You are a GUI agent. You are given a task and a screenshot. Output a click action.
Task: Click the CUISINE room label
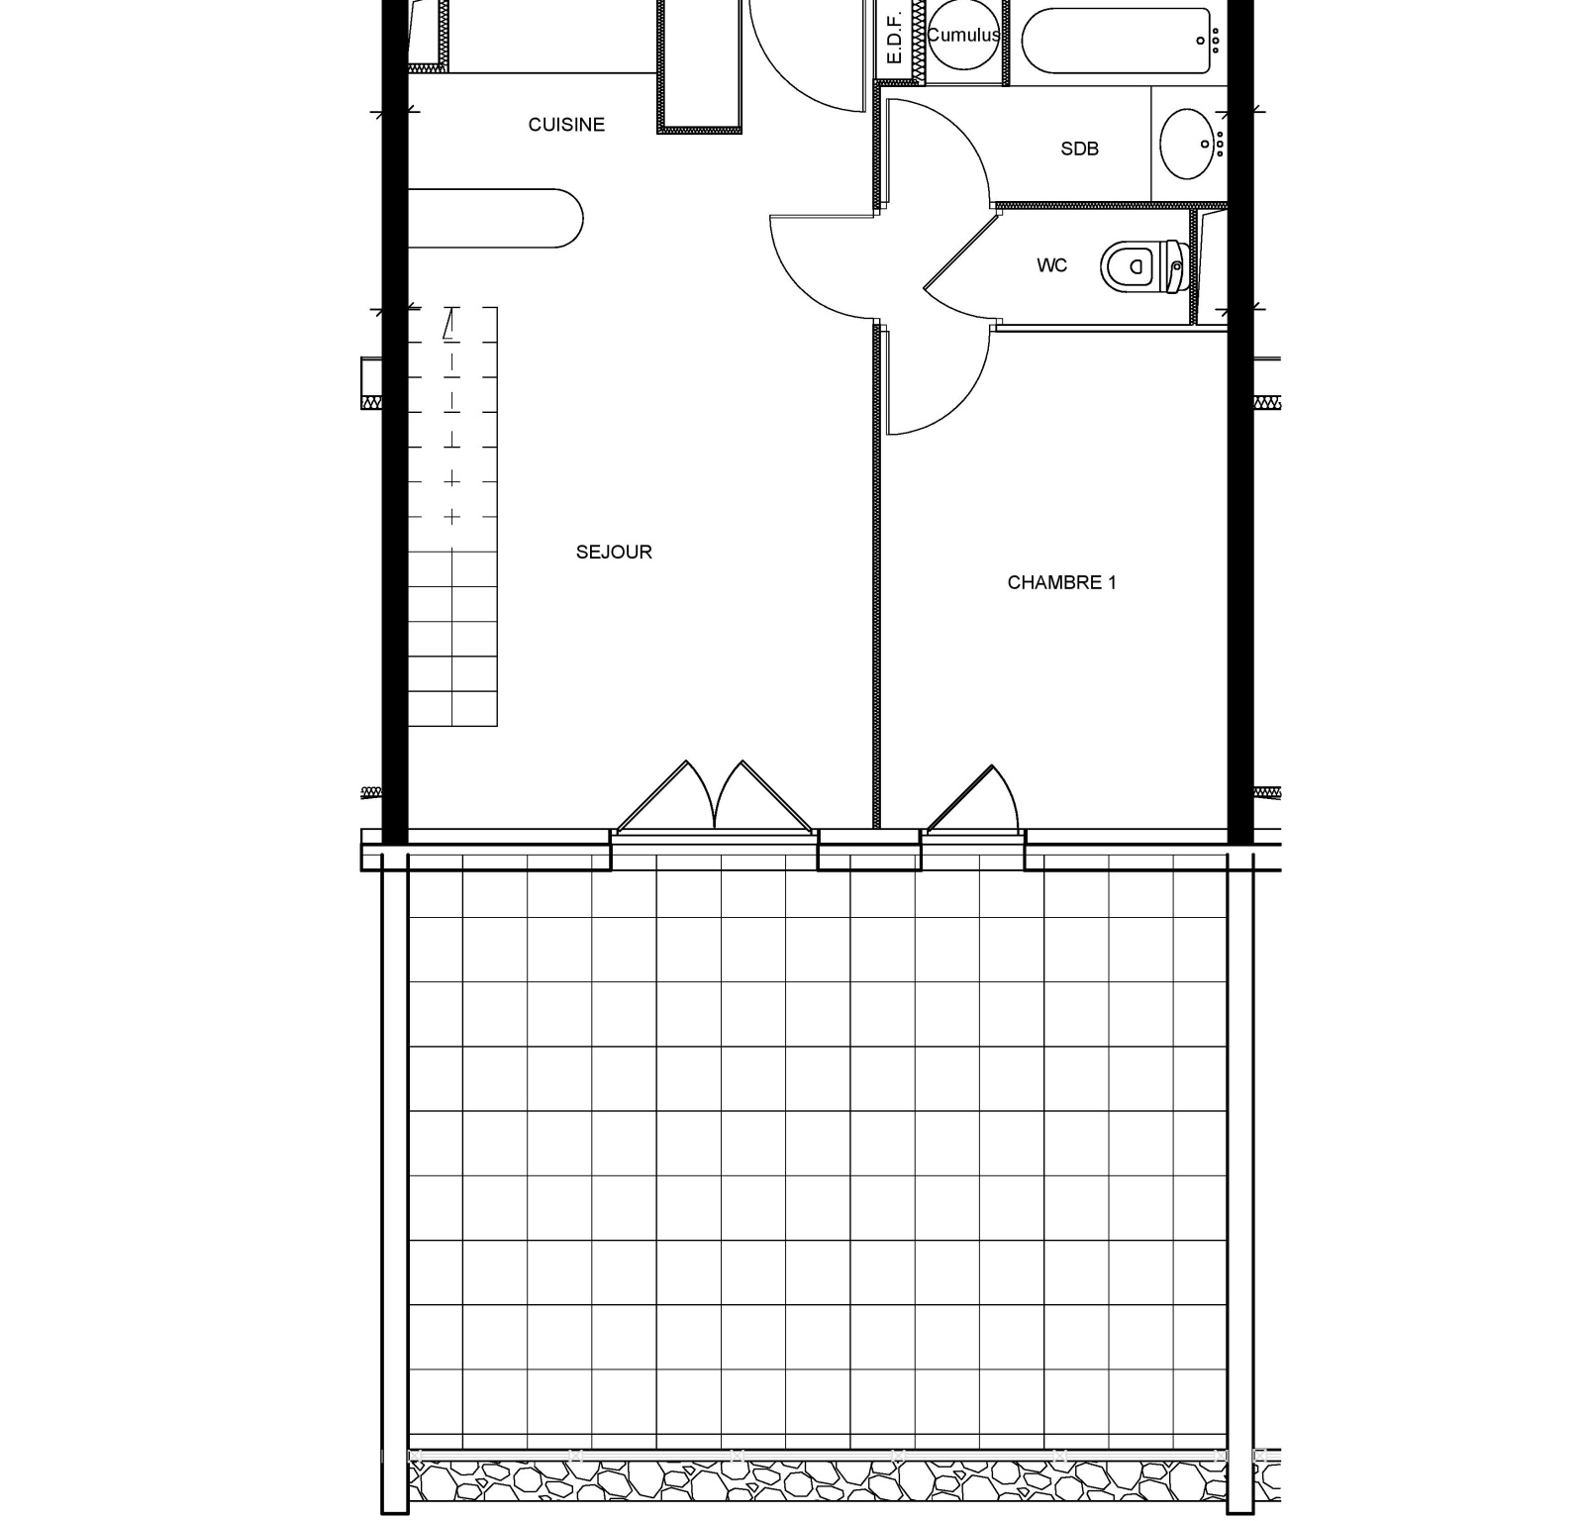point(566,125)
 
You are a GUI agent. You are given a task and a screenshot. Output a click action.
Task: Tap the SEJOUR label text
point(614,553)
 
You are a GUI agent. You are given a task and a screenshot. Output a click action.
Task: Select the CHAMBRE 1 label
point(1061,583)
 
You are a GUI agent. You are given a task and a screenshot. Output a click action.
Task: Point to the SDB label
point(1079,150)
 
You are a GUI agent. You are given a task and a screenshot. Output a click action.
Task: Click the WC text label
point(1051,265)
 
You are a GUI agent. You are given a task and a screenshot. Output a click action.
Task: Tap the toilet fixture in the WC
point(1144,265)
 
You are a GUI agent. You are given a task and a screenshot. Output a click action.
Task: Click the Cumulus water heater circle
point(963,36)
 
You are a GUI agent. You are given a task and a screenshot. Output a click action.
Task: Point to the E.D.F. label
point(893,39)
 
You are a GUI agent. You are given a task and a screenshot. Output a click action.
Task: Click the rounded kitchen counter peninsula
point(495,218)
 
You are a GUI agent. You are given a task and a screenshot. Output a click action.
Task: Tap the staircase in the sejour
point(452,516)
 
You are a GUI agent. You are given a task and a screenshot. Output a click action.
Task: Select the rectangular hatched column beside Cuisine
point(699,63)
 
